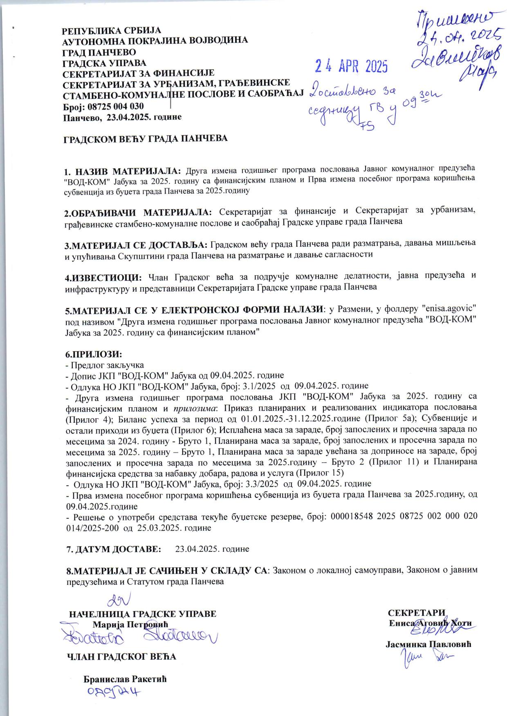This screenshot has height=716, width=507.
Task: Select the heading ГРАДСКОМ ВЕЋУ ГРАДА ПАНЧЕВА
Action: [145, 138]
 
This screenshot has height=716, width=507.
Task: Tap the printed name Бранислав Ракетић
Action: [125, 679]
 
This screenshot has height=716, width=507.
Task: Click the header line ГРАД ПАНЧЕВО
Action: [99, 52]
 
